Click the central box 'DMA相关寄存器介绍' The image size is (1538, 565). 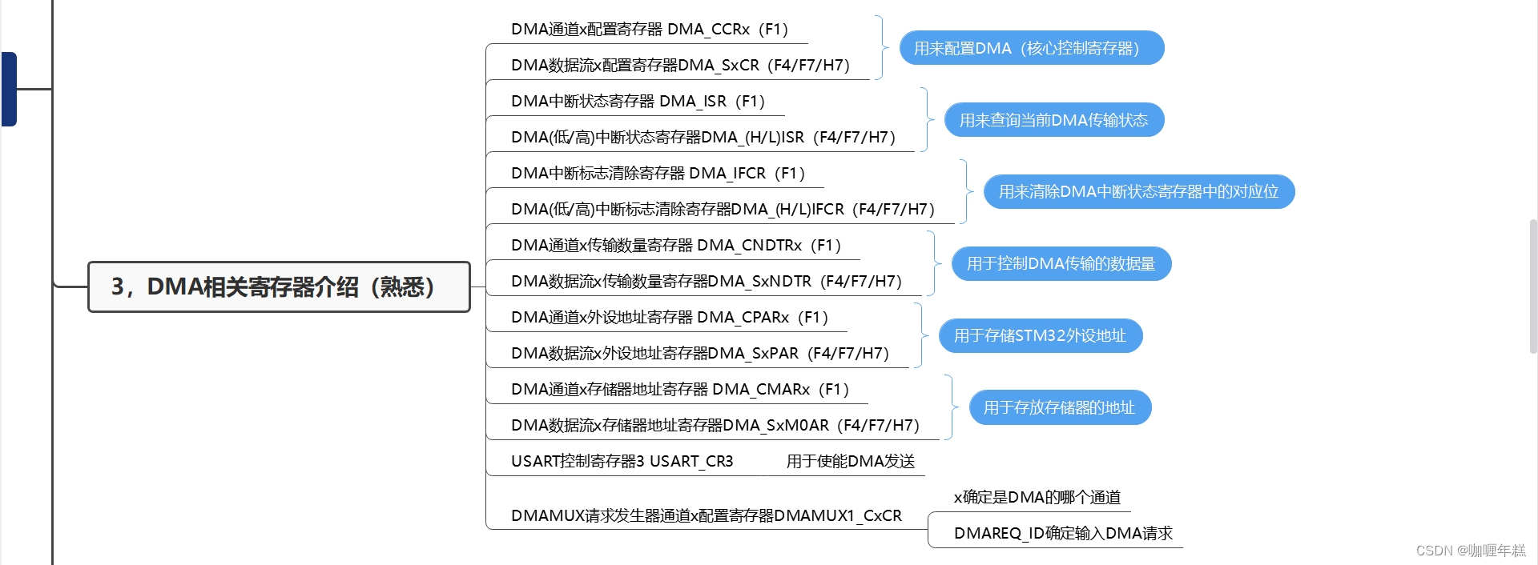pyautogui.click(x=278, y=287)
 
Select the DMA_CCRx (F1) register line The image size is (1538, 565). pyautogui.click(x=650, y=30)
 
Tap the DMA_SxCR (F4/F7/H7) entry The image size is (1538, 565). pyautogui.click(x=680, y=65)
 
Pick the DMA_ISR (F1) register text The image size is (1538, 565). pyautogui.click(x=638, y=102)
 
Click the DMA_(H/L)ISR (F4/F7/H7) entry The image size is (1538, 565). pyautogui.click(x=703, y=138)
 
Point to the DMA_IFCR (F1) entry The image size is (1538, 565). pyautogui.click(x=658, y=174)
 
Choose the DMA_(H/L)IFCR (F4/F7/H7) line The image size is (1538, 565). pyautogui.click(x=723, y=210)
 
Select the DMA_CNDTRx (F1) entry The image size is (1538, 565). pyautogui.click(x=675, y=246)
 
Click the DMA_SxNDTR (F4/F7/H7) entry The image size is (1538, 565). pyautogui.click(x=706, y=282)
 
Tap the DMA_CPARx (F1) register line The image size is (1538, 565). pyautogui.click(x=669, y=318)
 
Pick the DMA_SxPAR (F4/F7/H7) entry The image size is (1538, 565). pyautogui.click(x=699, y=354)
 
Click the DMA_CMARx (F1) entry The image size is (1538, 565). pyautogui.click(x=679, y=390)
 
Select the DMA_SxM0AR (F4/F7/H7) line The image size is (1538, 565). pyautogui.click(x=715, y=426)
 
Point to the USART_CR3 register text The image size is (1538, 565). pyautogui.click(x=622, y=462)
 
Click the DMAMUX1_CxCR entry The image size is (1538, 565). pyautogui.click(x=706, y=516)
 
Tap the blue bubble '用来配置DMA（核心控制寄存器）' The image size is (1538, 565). pyautogui.click(x=1032, y=48)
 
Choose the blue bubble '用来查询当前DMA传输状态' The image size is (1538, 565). pyautogui.click(x=1053, y=120)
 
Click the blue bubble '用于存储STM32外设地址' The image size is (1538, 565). pyautogui.click(x=1040, y=336)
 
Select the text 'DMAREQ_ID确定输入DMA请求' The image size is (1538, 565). pyautogui.click(x=1062, y=534)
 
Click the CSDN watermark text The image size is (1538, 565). pyautogui.click(x=1470, y=551)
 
